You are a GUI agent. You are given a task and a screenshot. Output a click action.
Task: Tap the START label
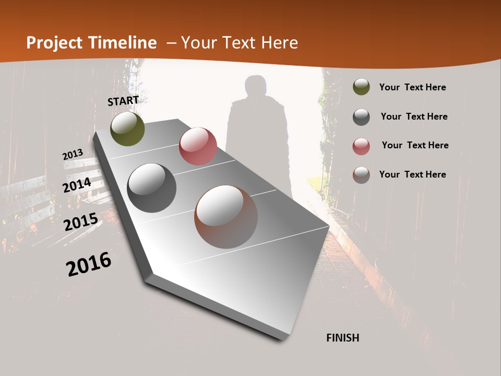click(123, 101)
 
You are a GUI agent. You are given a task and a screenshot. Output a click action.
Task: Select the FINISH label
click(342, 338)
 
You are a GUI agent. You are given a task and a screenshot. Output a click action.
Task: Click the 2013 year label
click(73, 155)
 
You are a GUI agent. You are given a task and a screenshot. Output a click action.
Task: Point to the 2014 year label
click(77, 185)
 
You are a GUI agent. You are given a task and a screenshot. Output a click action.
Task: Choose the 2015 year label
click(81, 221)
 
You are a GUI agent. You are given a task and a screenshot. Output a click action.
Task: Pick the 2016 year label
click(89, 264)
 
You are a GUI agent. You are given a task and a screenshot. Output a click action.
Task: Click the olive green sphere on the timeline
click(128, 128)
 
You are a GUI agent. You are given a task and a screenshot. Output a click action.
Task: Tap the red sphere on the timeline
click(198, 146)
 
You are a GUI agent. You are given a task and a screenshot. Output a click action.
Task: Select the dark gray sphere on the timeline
click(152, 187)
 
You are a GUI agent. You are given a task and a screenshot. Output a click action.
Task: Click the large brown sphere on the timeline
click(226, 217)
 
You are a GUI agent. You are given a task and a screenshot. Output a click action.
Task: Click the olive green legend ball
click(361, 87)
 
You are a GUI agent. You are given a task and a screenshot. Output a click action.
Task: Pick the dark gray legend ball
click(361, 117)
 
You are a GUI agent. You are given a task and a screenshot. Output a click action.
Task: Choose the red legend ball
click(361, 146)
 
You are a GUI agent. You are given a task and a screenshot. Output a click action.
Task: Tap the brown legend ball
click(361, 175)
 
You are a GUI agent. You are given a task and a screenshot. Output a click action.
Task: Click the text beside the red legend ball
click(415, 145)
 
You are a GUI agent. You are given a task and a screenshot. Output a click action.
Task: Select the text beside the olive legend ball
click(412, 87)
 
